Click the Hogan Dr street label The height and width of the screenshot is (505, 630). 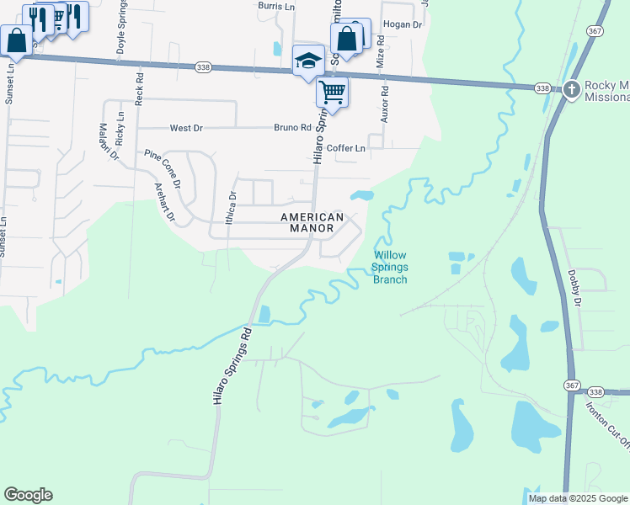(x=402, y=24)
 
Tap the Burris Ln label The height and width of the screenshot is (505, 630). (x=277, y=6)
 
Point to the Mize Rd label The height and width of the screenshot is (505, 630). (x=381, y=52)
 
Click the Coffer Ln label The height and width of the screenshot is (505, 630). (x=346, y=148)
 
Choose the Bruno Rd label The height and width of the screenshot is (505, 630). (x=292, y=128)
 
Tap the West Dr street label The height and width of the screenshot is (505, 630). (x=186, y=128)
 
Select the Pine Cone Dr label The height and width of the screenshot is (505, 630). (x=163, y=168)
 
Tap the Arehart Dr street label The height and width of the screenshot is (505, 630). (x=163, y=203)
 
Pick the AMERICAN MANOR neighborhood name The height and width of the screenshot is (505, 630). (x=312, y=222)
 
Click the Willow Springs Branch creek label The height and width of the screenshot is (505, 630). (x=390, y=267)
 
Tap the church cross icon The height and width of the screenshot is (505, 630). (x=572, y=88)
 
